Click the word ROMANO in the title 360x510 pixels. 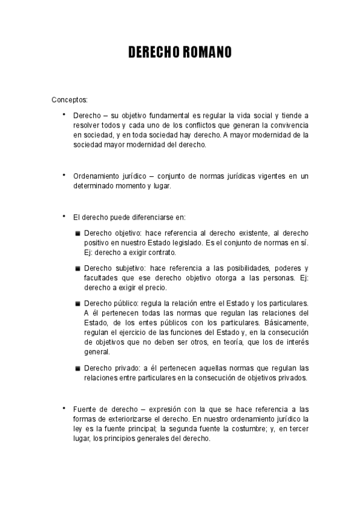(x=203, y=53)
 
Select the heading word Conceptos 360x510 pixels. (x=69, y=99)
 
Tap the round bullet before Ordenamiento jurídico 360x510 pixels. (x=63, y=175)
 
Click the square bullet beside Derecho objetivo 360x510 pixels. (x=78, y=233)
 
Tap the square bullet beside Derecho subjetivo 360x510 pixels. (x=78, y=268)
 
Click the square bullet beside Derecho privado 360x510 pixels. (x=78, y=368)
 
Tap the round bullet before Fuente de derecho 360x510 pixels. (x=63, y=409)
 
